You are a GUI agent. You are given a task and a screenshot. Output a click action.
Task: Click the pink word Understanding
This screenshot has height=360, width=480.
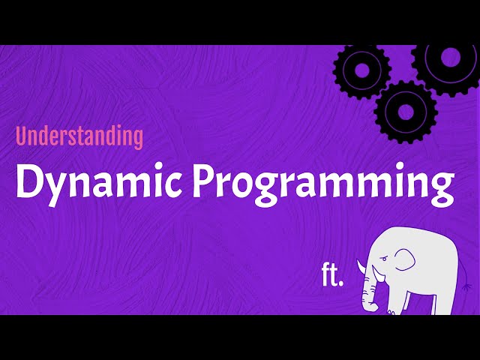coord(79,136)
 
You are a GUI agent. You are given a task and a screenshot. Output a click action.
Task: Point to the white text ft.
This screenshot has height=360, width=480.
coord(331,275)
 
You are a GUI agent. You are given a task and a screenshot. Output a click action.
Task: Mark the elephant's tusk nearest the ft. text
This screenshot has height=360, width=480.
coord(361,267)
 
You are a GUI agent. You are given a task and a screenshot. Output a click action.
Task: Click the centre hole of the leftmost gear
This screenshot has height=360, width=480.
coord(362,70)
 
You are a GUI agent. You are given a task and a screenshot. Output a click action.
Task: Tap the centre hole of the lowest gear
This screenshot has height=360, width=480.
coord(406,111)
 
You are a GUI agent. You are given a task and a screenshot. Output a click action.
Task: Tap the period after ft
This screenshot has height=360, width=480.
coord(341,283)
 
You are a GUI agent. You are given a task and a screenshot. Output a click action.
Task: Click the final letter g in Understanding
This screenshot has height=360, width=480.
coord(136,139)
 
